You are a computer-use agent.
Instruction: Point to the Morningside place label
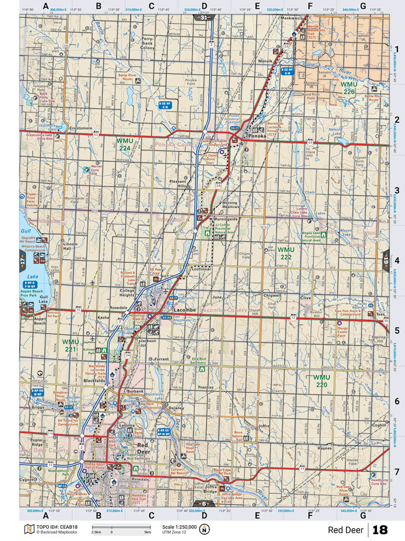(x=226, y=219)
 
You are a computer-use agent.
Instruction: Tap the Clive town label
(x=305, y=298)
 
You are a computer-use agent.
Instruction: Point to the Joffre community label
(x=263, y=426)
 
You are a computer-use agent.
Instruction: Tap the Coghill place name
(x=379, y=425)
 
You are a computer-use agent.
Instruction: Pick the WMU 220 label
(x=321, y=381)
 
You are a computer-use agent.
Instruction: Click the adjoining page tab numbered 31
(x=204, y=17)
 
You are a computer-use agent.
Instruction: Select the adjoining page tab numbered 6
(x=204, y=504)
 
